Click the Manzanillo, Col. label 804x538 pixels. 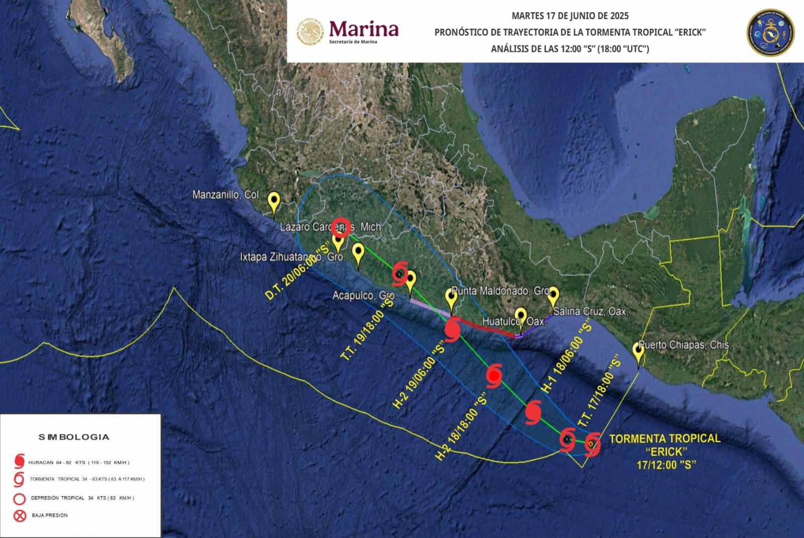click(x=226, y=194)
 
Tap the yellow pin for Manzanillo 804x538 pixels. click(x=274, y=203)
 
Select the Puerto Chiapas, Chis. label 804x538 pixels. click(x=684, y=345)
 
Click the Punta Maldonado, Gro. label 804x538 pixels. click(x=500, y=291)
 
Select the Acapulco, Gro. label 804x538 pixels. click(x=365, y=296)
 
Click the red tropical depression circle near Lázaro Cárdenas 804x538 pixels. click(x=342, y=227)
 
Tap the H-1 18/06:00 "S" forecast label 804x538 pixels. click(x=565, y=357)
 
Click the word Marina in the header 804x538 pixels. click(x=363, y=29)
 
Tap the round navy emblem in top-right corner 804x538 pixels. click(x=770, y=31)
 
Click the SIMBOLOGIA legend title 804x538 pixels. click(x=74, y=437)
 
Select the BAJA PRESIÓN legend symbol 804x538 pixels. click(x=20, y=515)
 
